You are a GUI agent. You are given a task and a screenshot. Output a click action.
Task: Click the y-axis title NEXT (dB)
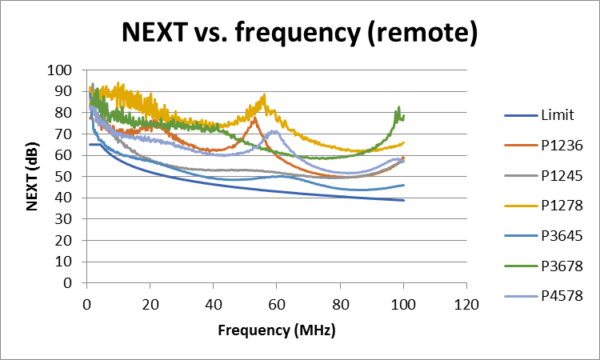(x=33, y=176)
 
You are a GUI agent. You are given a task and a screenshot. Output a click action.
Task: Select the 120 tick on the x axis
(x=466, y=305)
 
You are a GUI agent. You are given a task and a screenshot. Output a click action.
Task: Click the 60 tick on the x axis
(x=277, y=305)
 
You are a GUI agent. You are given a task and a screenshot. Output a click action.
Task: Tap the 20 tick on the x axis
(x=150, y=305)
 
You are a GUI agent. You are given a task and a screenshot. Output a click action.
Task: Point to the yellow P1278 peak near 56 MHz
(x=264, y=95)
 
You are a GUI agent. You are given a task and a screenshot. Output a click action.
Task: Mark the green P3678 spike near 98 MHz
(x=398, y=107)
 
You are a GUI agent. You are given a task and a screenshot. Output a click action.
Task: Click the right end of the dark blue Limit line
(x=403, y=200)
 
